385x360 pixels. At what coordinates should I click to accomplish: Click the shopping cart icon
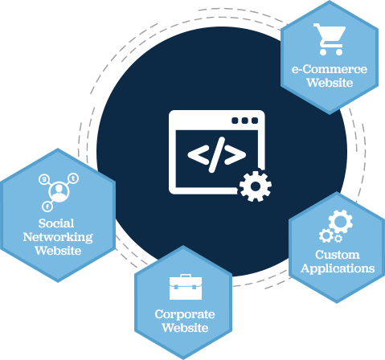tap(330, 39)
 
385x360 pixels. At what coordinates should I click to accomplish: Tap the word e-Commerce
tap(330, 69)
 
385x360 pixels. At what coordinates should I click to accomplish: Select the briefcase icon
tap(186, 287)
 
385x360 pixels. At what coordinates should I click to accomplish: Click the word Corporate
tap(185, 314)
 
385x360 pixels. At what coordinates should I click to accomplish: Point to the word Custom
tap(338, 255)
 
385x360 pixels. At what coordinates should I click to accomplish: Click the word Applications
tap(338, 268)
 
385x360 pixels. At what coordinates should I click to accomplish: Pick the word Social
tap(56, 223)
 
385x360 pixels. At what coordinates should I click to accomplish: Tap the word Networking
tap(58, 237)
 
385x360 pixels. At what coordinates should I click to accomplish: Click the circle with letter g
tap(43, 179)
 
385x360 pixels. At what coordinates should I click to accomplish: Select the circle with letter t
tap(73, 178)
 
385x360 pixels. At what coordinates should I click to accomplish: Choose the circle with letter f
tap(47, 207)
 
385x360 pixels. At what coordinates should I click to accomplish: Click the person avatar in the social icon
tap(59, 192)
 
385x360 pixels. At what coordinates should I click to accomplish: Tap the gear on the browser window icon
tap(256, 186)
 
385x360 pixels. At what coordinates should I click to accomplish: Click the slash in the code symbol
tap(217, 155)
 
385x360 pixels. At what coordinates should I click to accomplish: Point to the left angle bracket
tap(199, 155)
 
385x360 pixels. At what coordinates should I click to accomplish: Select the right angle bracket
tap(235, 155)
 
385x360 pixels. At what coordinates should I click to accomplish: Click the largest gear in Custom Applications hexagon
tap(341, 222)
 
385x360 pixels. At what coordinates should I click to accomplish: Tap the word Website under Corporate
tap(185, 328)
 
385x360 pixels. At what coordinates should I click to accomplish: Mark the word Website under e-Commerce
tap(330, 83)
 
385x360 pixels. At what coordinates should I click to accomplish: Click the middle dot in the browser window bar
tap(244, 121)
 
